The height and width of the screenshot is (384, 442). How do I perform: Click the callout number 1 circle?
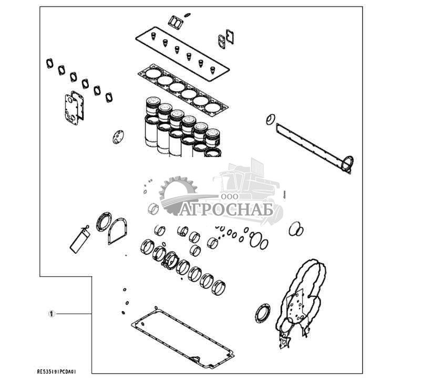[x=51, y=314]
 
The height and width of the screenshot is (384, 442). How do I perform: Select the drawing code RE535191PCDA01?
[x=57, y=371]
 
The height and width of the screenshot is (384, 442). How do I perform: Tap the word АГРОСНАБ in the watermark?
[x=228, y=210]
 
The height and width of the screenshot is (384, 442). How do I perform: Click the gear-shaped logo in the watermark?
[x=177, y=195]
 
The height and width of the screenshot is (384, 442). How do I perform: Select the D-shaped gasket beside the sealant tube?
[x=117, y=231]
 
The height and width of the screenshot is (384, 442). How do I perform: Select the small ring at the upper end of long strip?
[x=271, y=119]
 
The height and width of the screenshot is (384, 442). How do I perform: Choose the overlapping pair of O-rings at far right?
[x=296, y=229]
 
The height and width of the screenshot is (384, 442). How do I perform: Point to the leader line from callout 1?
[x=74, y=314]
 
